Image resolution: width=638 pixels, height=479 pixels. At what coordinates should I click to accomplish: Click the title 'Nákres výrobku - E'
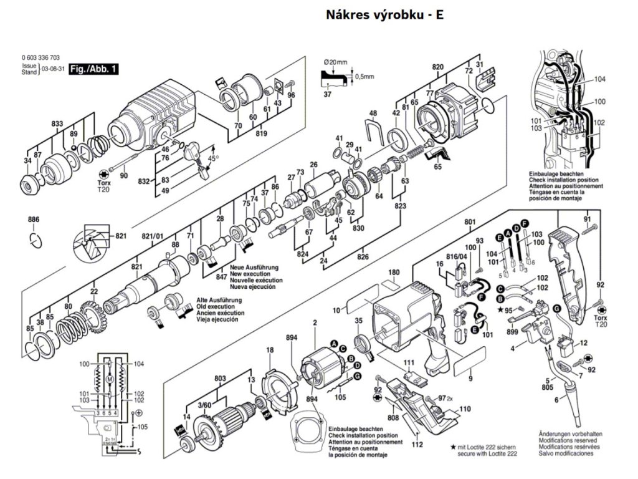click(x=385, y=15)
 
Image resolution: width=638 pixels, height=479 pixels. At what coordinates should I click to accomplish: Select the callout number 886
click(x=34, y=220)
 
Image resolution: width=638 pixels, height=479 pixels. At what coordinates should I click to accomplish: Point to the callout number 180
click(x=393, y=273)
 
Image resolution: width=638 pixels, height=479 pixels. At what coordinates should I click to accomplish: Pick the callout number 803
click(x=219, y=379)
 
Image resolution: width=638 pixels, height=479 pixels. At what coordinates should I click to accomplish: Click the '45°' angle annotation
click(x=213, y=157)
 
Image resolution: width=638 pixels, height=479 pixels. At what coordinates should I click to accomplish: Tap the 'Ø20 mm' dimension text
click(x=337, y=62)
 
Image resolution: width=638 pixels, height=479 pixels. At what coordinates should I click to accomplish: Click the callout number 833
click(x=57, y=124)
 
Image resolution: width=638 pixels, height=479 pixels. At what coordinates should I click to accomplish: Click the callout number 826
click(x=363, y=256)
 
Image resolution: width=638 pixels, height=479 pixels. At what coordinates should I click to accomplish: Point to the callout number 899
click(x=512, y=333)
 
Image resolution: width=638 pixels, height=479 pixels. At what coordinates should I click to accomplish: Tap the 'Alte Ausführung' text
click(x=217, y=300)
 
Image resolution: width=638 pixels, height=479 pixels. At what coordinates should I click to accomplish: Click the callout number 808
click(x=393, y=417)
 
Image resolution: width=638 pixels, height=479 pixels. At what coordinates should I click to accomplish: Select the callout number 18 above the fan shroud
click(x=270, y=351)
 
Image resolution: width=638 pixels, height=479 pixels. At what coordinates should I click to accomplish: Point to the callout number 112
click(x=417, y=444)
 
